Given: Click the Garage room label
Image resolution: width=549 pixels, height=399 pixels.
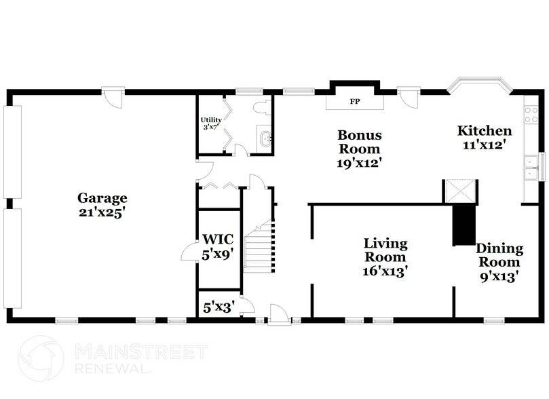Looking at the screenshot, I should (102, 198).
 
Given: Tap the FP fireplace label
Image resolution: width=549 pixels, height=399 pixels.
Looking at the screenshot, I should (354, 102).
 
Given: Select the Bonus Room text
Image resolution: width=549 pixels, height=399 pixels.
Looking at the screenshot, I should (360, 142).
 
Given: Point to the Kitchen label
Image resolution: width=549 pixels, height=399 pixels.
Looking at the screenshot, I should (484, 131).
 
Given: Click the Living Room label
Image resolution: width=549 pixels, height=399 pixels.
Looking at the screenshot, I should (385, 250).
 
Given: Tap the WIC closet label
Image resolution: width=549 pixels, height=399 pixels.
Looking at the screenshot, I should (219, 239).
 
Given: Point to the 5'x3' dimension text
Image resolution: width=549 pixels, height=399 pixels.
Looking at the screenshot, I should (219, 307).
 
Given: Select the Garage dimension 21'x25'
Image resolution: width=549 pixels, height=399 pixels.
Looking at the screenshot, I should (102, 212).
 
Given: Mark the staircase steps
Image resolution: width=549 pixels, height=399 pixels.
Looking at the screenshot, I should (258, 250).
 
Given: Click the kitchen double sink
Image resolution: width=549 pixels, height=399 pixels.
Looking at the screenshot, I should (531, 166).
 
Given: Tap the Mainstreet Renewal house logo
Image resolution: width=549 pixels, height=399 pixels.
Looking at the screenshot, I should (41, 358).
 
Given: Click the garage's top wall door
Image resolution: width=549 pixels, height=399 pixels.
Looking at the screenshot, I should (114, 97).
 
